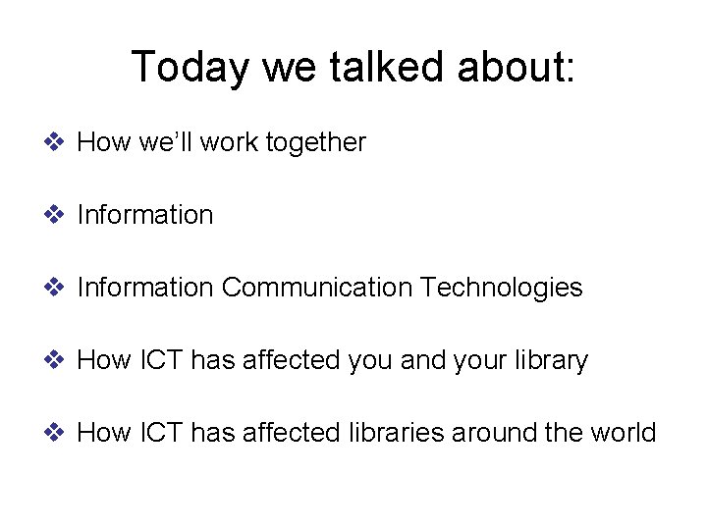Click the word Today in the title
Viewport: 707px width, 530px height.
(191, 68)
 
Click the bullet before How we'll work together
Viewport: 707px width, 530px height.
(55, 142)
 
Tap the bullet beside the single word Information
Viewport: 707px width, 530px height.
(55, 215)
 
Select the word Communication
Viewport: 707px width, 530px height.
(316, 288)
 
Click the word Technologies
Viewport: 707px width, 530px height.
(501, 288)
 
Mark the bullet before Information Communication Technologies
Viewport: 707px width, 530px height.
(55, 288)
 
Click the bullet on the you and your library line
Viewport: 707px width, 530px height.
(55, 360)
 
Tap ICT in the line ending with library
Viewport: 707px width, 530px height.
(158, 360)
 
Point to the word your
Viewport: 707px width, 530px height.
(484, 361)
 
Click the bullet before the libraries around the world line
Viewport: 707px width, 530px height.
(55, 433)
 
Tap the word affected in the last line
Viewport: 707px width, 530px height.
(290, 433)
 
